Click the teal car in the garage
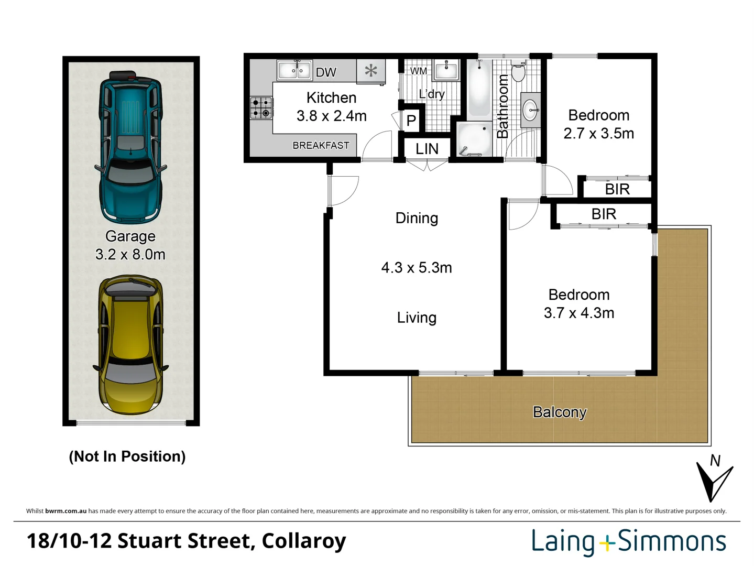tap(130, 147)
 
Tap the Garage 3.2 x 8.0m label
tap(130, 245)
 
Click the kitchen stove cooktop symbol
tap(261, 108)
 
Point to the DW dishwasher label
tap(325, 72)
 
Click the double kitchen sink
tap(294, 70)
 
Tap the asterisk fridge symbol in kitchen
tap(371, 71)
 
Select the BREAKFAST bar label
tap(321, 145)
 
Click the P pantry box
tap(411, 121)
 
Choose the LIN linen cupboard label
tap(427, 149)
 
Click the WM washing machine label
tap(418, 71)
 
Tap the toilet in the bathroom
tap(518, 71)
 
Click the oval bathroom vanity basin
tap(530, 110)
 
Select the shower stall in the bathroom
tap(474, 139)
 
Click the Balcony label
tap(559, 412)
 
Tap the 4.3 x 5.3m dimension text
tap(416, 267)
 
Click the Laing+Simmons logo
tap(628, 541)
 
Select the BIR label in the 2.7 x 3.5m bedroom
tap(617, 189)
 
